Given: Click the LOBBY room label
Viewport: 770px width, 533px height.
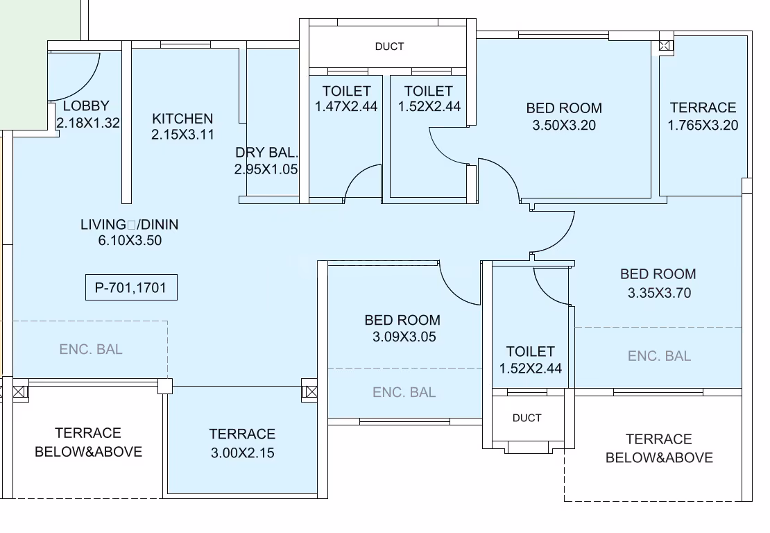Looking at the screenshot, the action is [x=86, y=105].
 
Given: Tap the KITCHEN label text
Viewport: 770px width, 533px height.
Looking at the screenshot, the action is [x=182, y=119].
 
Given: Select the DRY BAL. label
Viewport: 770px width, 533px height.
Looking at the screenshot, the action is [x=266, y=152].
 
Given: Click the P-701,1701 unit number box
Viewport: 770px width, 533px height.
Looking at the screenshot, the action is [x=131, y=287].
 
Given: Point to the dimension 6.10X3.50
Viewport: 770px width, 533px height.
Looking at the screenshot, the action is [x=130, y=240].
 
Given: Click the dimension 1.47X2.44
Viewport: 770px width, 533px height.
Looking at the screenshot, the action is [x=346, y=106].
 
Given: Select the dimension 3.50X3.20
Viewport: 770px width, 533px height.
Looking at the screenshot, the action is [x=564, y=125].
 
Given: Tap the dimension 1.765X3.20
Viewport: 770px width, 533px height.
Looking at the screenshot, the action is [x=703, y=125].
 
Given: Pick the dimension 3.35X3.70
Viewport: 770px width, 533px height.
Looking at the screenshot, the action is [x=659, y=293].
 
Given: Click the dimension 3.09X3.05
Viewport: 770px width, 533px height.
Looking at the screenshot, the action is [x=404, y=337].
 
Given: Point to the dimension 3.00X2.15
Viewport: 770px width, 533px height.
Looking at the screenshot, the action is [x=243, y=452].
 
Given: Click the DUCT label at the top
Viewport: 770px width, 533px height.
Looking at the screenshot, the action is [x=389, y=46].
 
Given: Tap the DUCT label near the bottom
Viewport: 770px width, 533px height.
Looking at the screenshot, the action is [x=527, y=418].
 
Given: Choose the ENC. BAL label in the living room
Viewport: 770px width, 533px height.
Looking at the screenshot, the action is [x=91, y=349].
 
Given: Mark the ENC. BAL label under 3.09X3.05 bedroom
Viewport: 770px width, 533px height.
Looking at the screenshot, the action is [x=404, y=392].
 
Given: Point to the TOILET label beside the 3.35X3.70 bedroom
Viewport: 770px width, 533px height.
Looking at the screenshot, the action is [x=531, y=352].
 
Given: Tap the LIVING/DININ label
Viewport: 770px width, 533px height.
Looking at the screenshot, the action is [x=130, y=224].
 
